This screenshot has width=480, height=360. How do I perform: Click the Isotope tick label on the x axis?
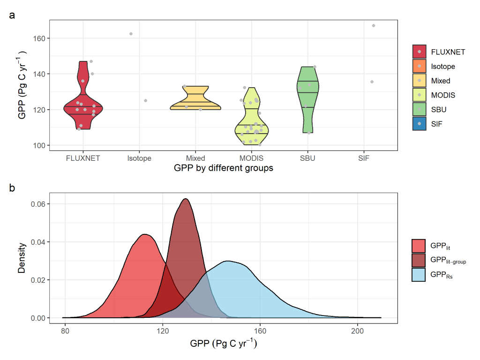[x=139, y=158]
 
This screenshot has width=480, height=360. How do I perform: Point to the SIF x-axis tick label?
[x=364, y=158]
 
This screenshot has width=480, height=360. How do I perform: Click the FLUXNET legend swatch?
[x=419, y=52]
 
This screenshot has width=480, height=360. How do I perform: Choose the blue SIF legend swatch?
[x=419, y=124]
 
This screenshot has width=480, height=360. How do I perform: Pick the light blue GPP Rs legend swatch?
[x=419, y=275]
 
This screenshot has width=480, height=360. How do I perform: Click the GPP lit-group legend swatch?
[x=419, y=260]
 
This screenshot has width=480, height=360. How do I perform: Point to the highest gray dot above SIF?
[x=374, y=25]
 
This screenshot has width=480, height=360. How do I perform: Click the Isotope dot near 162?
[x=131, y=34]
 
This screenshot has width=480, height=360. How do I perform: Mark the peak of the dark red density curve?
[x=186, y=199]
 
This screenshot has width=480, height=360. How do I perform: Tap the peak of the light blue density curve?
[x=228, y=262]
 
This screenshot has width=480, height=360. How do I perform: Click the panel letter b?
[x=12, y=188]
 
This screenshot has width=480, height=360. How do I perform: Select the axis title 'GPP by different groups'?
[x=223, y=168]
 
